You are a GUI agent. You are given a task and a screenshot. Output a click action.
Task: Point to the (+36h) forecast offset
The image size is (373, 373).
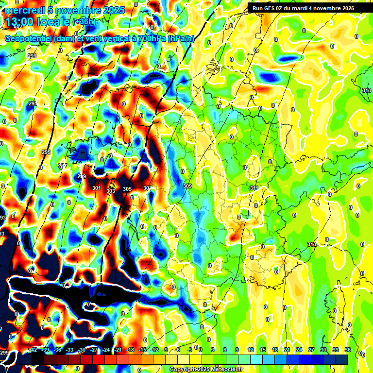(x=84, y=22)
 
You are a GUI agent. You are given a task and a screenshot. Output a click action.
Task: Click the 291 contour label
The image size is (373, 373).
(x=32, y=57)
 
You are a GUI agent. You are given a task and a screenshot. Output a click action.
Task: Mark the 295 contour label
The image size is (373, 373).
(x=46, y=153)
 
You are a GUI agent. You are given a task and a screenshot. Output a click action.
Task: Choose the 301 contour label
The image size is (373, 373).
(x=97, y=188)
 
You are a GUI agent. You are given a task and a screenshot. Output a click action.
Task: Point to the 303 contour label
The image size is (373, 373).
(x=111, y=191)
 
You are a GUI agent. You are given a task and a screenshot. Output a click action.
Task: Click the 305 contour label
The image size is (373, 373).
(x=127, y=189)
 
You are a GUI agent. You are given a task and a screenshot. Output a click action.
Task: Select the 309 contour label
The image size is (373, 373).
(x=187, y=186)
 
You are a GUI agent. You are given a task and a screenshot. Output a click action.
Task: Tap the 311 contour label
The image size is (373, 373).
(x=254, y=188)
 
